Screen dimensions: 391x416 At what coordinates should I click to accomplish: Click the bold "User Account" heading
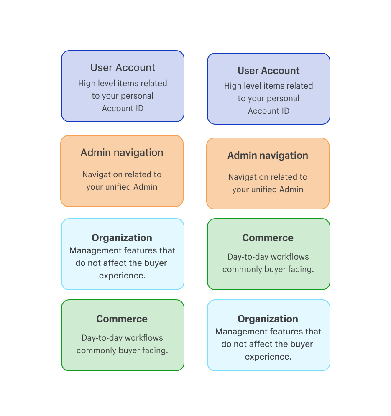tap(268, 71)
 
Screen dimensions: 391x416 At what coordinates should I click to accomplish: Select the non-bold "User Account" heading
tap(123, 68)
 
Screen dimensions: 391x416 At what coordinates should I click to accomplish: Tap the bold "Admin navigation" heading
tap(268, 156)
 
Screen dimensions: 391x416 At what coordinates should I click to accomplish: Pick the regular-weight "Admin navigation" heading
tap(122, 153)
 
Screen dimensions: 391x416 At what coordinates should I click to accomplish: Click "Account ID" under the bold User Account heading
tap(268, 111)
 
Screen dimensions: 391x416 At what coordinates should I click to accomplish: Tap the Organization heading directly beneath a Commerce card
tap(268, 319)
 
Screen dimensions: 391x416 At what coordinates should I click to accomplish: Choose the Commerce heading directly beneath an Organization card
tap(122, 319)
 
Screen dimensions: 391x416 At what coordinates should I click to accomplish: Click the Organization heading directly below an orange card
tap(122, 238)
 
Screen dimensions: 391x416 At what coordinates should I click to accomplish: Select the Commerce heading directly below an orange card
tap(268, 238)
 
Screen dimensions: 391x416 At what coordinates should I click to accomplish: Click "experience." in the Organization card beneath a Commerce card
tap(268, 357)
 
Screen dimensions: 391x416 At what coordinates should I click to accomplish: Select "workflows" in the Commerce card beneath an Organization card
tap(143, 338)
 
